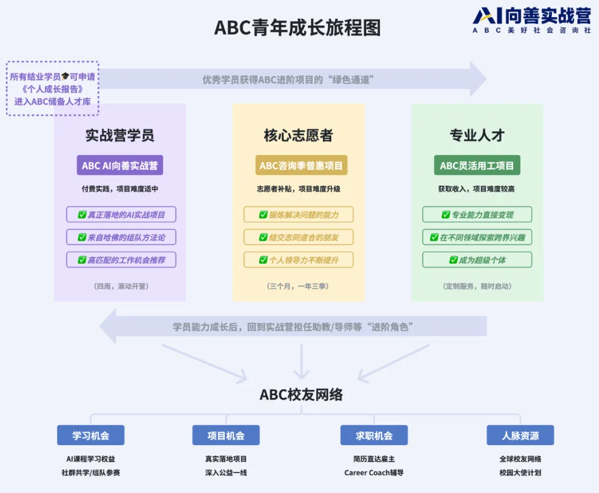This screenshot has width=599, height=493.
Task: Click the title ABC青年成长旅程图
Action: [x=297, y=28]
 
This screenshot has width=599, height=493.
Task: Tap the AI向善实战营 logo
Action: [x=531, y=20]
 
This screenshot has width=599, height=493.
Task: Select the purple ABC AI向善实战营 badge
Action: [x=120, y=165]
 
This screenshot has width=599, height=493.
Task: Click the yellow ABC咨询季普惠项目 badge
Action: [x=301, y=165]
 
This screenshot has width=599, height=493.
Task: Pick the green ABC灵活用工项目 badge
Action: [x=477, y=165]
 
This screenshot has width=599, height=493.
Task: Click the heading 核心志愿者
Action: [x=298, y=135]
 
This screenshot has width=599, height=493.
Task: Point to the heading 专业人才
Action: [x=477, y=135]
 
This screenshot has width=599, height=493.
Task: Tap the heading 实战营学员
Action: [x=120, y=135]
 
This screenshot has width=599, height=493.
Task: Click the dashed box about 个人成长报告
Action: [x=52, y=88]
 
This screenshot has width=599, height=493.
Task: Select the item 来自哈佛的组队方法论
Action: [x=121, y=237]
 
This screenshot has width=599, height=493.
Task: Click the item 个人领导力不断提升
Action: [x=299, y=259]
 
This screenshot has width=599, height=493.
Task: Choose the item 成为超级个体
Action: [x=477, y=259]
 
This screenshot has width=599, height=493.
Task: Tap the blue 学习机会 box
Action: [x=91, y=435]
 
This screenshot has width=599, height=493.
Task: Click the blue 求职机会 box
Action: [x=374, y=435]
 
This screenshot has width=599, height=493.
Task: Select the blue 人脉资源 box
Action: [x=520, y=435]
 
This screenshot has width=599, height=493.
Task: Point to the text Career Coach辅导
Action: [x=374, y=472]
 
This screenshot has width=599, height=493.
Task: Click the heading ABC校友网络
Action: [x=301, y=395]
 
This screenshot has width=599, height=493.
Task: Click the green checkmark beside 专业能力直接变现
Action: [x=446, y=215]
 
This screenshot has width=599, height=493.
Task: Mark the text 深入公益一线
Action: [x=226, y=472]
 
